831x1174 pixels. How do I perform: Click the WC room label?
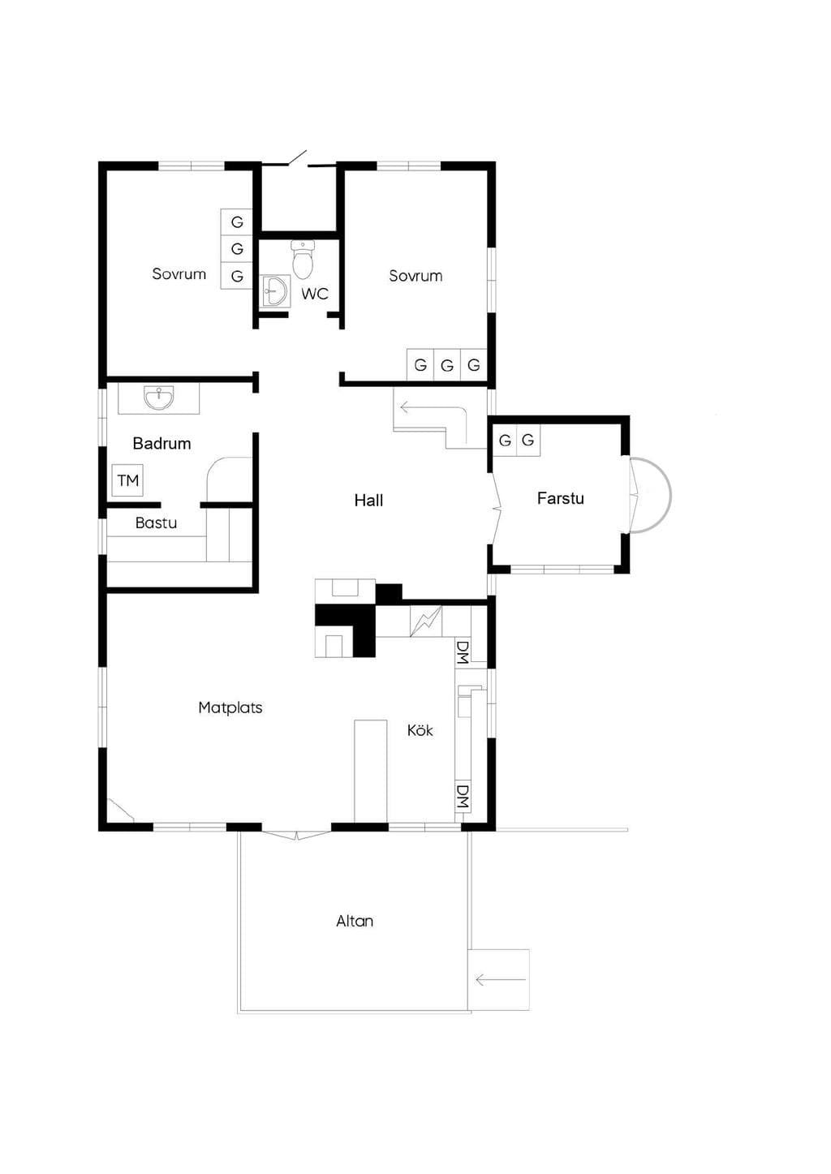pyautogui.click(x=315, y=294)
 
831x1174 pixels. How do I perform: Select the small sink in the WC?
pyautogui.click(x=275, y=290)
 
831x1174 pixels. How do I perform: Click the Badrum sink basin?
pyautogui.click(x=158, y=398)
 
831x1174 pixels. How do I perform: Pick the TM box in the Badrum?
pyautogui.click(x=128, y=480)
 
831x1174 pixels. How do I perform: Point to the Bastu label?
pyautogui.click(x=156, y=522)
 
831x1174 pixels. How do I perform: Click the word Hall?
pyautogui.click(x=368, y=501)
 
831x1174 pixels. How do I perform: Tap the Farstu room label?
pyautogui.click(x=561, y=498)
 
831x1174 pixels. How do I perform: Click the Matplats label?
pyautogui.click(x=230, y=707)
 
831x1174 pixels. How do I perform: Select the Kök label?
pyautogui.click(x=420, y=730)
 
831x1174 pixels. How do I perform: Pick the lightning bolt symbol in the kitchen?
pyautogui.click(x=425, y=621)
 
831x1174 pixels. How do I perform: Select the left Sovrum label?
pyautogui.click(x=179, y=273)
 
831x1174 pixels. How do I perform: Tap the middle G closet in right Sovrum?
pyautogui.click(x=447, y=365)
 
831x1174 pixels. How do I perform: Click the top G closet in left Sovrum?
pyautogui.click(x=237, y=222)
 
